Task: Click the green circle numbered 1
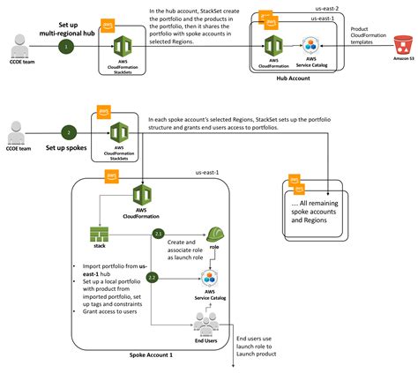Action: [x=63, y=45]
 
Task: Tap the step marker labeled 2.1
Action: [x=158, y=234]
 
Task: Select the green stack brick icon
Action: [x=99, y=234]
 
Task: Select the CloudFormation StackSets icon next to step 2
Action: [x=121, y=132]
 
